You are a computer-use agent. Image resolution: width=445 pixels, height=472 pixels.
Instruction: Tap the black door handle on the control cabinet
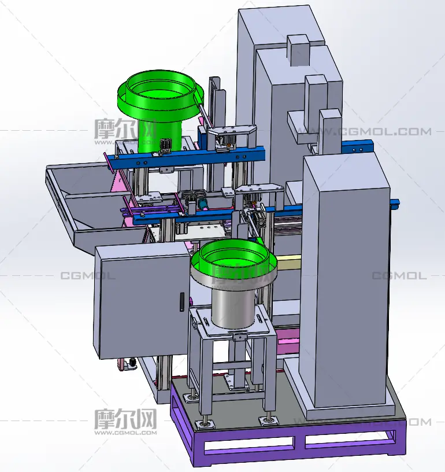pos(182,302)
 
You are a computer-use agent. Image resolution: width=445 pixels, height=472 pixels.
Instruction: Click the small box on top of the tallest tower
pos(298,50)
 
